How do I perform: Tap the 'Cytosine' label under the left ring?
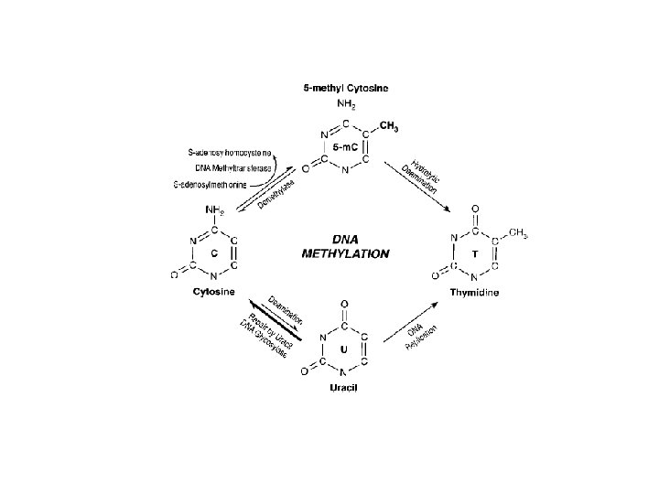[214, 292]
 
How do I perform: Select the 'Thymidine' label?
[474, 292]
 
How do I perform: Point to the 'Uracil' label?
[343, 388]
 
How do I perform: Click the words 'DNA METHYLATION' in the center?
[345, 246]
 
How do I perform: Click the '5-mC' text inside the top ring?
[344, 146]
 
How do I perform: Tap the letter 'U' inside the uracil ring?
[343, 350]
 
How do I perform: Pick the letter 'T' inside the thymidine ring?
[474, 252]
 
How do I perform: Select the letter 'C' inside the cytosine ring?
[213, 252]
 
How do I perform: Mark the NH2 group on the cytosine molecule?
[214, 209]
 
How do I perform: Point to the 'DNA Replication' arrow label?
[422, 339]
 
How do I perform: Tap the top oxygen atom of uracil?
[343, 303]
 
